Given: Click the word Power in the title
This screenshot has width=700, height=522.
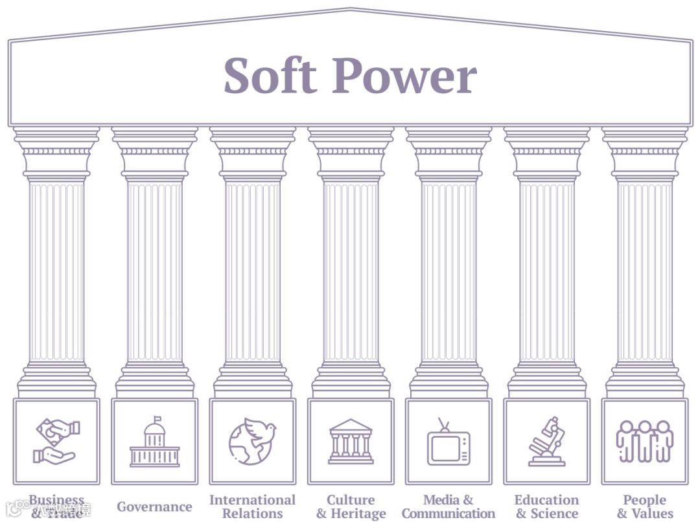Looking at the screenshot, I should pos(405,76).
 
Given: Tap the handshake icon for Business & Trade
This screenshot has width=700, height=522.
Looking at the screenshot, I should pos(56,442).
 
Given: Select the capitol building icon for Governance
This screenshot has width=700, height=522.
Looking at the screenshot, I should pos(154,442).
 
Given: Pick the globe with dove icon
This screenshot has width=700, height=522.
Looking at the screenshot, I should pos(251,442).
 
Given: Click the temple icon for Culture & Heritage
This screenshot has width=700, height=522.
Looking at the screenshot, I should pos(351,442).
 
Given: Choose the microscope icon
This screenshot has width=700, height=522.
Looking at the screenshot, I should pos(546,442).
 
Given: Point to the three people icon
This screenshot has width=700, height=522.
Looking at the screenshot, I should pos(644,442).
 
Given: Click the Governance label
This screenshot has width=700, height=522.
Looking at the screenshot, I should pos(154,507).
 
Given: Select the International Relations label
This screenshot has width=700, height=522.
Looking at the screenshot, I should pos(252,506).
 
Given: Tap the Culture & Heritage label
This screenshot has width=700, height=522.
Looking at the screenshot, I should pos(351,506).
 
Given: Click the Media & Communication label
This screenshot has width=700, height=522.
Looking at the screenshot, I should pos(449,506).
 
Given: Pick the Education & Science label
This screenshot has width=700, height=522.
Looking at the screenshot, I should pos(546,506).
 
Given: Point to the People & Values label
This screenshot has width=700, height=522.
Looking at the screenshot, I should pos(644,506).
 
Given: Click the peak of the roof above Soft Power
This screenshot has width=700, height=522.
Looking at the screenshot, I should pos(350,9).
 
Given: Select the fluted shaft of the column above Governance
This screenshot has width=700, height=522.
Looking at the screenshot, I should pos(154,272).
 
